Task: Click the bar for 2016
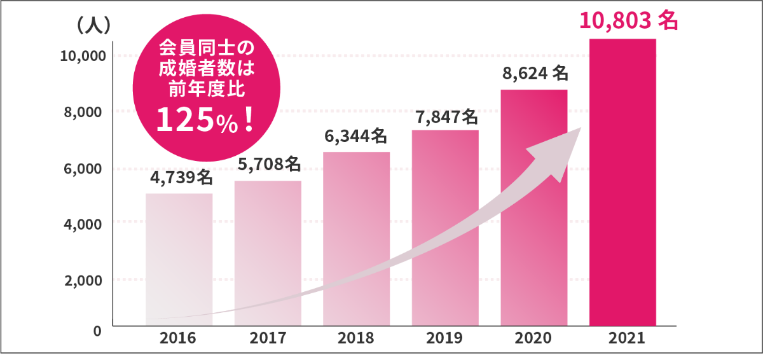179,254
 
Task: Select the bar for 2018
357,235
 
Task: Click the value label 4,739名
181,178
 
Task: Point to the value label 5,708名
269,165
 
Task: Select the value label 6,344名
356,136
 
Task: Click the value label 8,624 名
535,74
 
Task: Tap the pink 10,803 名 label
628,21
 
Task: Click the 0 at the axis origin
97,331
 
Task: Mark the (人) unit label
93,26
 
